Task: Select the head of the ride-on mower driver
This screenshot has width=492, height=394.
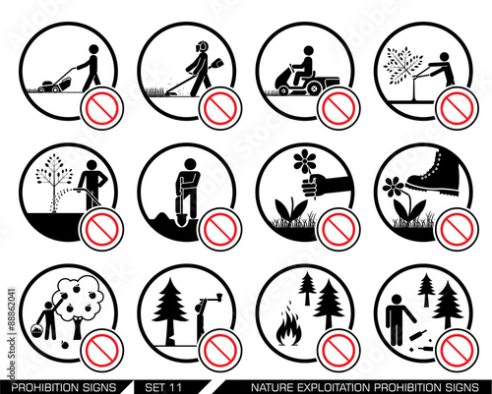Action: point(308,51)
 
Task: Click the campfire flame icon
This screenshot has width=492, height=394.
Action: point(288,327)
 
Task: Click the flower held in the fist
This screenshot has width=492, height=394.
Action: point(305,161)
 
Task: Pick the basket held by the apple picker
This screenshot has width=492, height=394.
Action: point(37,331)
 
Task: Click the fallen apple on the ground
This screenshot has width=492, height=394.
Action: point(65,345)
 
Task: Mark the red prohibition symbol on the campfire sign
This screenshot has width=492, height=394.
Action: point(338,350)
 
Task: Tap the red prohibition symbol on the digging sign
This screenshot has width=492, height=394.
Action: point(220,229)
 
